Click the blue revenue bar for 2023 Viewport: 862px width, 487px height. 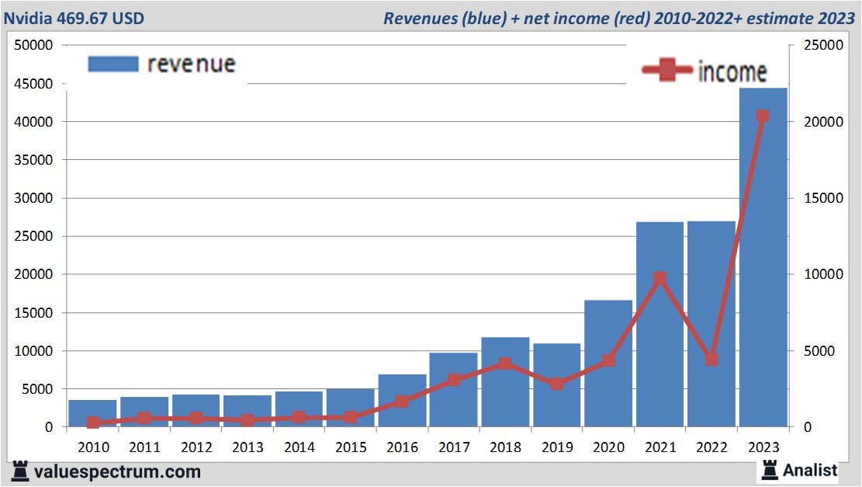tap(763, 257)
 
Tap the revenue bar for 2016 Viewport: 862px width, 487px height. tap(402, 401)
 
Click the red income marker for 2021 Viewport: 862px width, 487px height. tap(659, 278)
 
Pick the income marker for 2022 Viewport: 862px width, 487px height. tap(711, 360)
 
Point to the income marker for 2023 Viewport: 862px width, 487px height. tap(763, 117)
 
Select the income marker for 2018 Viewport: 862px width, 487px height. tap(505, 364)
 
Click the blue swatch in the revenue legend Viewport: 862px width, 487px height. tap(113, 64)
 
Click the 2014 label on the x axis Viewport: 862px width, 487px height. tap(299, 447)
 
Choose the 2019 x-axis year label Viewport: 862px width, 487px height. tap(557, 447)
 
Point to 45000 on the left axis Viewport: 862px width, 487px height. tap(33, 84)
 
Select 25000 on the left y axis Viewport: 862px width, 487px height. tap(33, 236)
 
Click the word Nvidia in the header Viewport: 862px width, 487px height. tap(30, 18)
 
